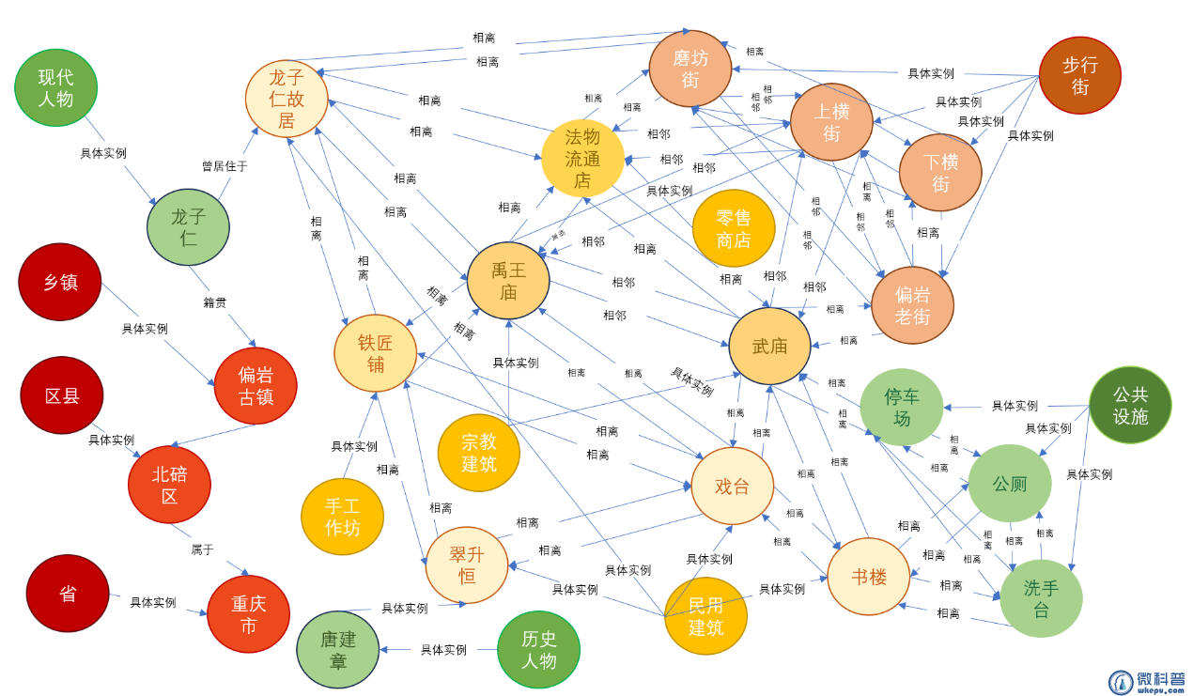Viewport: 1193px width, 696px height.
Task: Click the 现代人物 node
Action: coord(56,87)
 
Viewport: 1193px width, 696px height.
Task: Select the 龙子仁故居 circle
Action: coord(287,99)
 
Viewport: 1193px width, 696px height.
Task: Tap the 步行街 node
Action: coord(1079,75)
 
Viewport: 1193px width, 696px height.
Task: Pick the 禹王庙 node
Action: coord(508,281)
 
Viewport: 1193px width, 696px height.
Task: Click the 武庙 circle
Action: coord(769,346)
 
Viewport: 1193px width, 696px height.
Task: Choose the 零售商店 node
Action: coord(734,228)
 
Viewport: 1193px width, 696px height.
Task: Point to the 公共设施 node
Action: coord(1130,405)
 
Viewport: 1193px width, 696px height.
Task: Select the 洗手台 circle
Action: coord(1041,598)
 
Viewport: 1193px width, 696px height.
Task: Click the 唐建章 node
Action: coord(338,649)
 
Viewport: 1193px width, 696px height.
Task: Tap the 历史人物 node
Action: coord(538,649)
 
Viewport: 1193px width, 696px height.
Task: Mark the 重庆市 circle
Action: coord(248,614)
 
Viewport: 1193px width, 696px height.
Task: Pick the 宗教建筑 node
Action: coord(479,452)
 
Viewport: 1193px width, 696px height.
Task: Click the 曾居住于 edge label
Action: coord(225,166)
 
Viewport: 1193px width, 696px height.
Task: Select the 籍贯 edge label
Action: coord(215,302)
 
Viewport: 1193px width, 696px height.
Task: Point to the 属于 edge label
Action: coord(203,549)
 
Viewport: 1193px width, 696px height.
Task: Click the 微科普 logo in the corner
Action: coord(1147,682)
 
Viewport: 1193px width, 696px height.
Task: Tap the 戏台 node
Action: coord(733,486)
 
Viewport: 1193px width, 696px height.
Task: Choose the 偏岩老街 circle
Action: coord(912,305)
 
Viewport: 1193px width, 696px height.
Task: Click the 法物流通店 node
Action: coord(582,159)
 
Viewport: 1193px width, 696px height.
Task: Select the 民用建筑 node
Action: coord(705,616)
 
